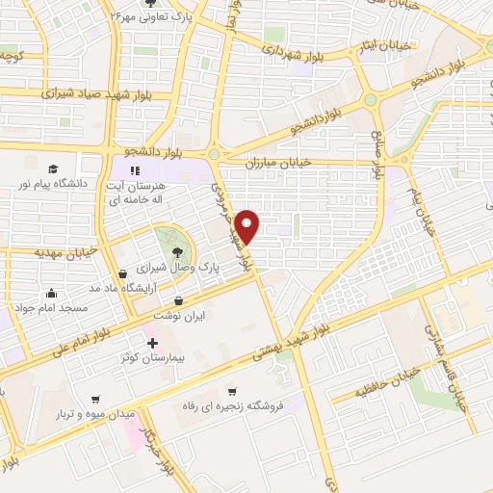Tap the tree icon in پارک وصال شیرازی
click(176, 252)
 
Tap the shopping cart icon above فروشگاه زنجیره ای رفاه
click(231, 391)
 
